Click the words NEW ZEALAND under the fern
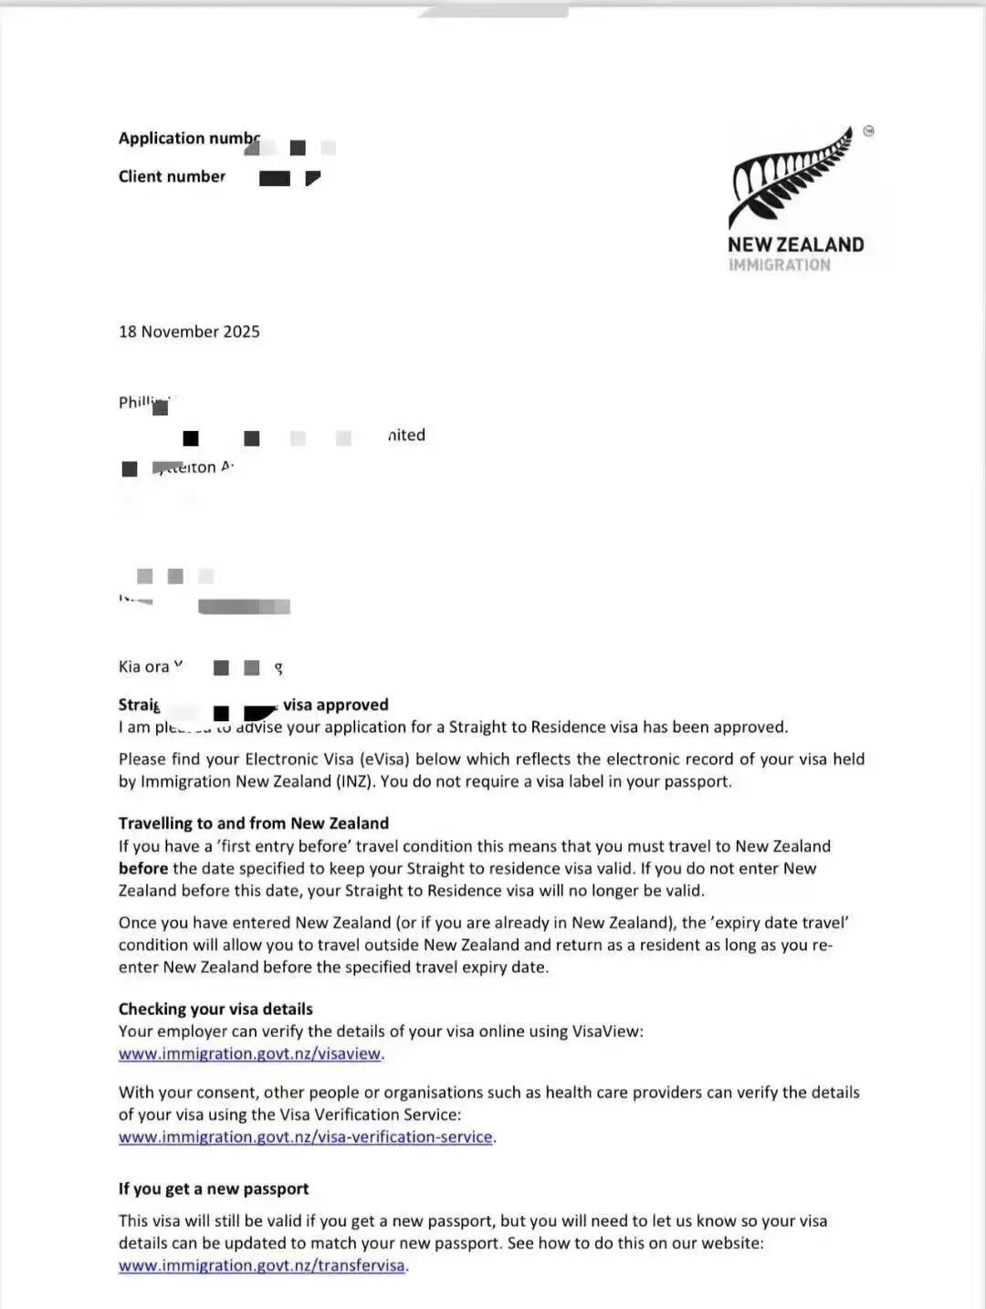[x=795, y=245]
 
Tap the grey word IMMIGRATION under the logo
[x=779, y=265]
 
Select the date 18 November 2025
[x=189, y=331]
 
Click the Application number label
[x=187, y=138]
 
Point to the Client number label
[x=172, y=176]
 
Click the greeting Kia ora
[x=143, y=666]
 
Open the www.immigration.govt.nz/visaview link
[x=249, y=1053]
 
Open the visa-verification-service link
[x=305, y=1136]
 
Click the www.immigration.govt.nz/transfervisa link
[x=261, y=1265]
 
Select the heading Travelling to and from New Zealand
[x=253, y=822]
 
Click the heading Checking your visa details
[x=215, y=1009]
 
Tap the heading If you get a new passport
[x=213, y=1189]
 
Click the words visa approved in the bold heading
[x=335, y=705]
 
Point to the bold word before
[x=143, y=868]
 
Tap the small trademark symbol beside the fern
[x=868, y=131]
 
